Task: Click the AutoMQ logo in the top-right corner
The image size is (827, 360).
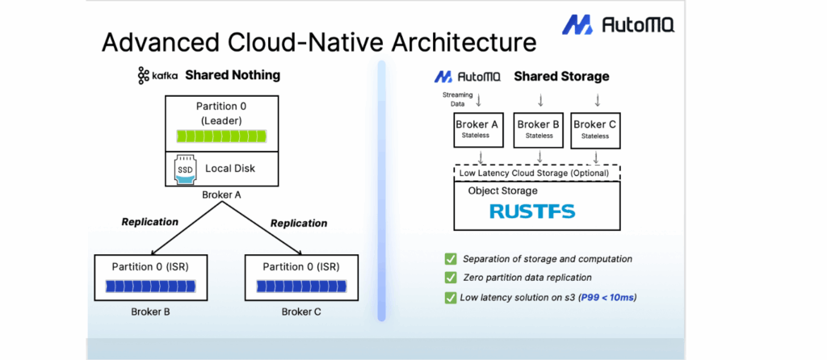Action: [x=618, y=24]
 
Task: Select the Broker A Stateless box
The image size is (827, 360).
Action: [x=476, y=129]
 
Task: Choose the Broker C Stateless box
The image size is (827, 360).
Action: [x=595, y=129]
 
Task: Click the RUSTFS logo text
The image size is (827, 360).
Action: [x=532, y=211]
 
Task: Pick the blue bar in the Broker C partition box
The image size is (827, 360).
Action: [x=300, y=285]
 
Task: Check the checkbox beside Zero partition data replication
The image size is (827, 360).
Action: [x=450, y=278]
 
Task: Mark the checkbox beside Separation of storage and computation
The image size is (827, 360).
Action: [x=450, y=258]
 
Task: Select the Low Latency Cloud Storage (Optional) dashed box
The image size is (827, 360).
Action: [x=532, y=174]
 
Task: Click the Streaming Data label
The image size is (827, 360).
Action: [x=456, y=98]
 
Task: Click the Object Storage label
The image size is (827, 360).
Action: [x=502, y=190]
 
